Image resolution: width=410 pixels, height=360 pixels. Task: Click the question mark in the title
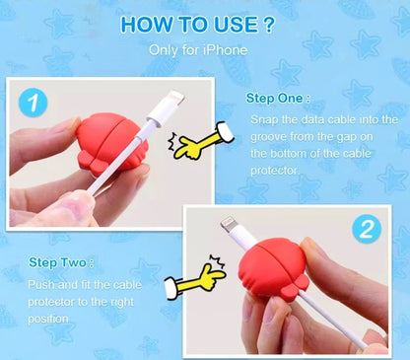point(269,24)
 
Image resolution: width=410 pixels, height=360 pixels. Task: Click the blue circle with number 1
point(34,103)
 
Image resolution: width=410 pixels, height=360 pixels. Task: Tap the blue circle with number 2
point(367,229)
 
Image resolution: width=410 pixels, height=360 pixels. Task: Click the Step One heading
point(278,99)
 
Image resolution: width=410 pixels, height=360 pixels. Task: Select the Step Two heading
point(61,262)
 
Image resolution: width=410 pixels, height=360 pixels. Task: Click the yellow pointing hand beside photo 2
point(196,277)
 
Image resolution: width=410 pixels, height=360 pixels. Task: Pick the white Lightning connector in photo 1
point(166,108)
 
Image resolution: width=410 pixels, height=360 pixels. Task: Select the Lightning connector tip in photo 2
point(227,224)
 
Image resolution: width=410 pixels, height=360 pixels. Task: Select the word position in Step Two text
point(48,319)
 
